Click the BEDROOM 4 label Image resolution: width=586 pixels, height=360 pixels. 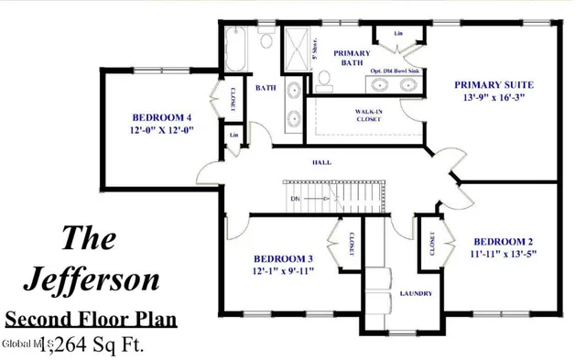[x=161, y=117]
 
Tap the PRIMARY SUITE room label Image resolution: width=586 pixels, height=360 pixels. [x=494, y=85]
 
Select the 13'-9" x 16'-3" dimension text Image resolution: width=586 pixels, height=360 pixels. [x=494, y=98]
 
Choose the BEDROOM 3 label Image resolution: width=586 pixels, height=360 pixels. [x=284, y=258]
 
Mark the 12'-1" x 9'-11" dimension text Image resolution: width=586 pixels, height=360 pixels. [x=284, y=271]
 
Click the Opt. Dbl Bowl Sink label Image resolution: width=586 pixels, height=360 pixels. [x=396, y=70]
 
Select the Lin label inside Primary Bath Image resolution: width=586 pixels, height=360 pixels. [x=399, y=34]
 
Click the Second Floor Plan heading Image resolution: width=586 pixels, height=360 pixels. [x=90, y=321]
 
